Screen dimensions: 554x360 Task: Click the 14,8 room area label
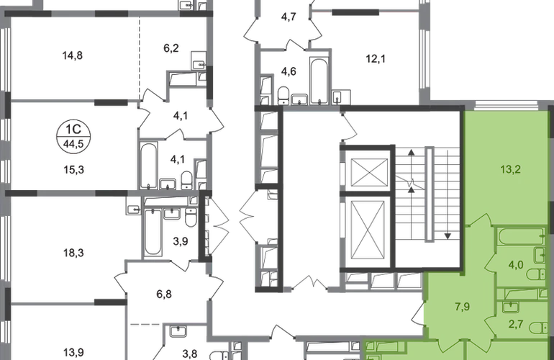pos(73,55)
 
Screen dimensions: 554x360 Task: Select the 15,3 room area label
pos(74,170)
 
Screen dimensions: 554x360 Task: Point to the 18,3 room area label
pos(74,253)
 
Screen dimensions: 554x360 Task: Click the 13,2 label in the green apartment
pos(511,169)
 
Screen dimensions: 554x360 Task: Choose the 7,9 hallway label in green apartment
pos(463,307)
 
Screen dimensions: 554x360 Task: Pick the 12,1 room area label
pos(376,59)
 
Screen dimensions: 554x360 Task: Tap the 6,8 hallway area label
pos(164,294)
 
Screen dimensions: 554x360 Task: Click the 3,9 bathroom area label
pos(180,241)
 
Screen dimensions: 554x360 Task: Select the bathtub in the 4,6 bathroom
pos(319,81)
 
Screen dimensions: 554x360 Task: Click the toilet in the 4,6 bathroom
pos(283,96)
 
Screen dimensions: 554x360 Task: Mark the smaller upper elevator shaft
pos(370,172)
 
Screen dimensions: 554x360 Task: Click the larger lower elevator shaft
pos(368,230)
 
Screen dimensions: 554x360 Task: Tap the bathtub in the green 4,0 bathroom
pos(521,237)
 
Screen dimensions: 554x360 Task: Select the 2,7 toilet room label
pos(516,324)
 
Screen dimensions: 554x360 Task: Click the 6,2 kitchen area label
pos(171,48)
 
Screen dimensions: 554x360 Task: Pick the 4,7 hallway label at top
pos(289,17)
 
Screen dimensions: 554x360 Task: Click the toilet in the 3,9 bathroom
pos(191,217)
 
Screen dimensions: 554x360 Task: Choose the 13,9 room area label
pos(74,353)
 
